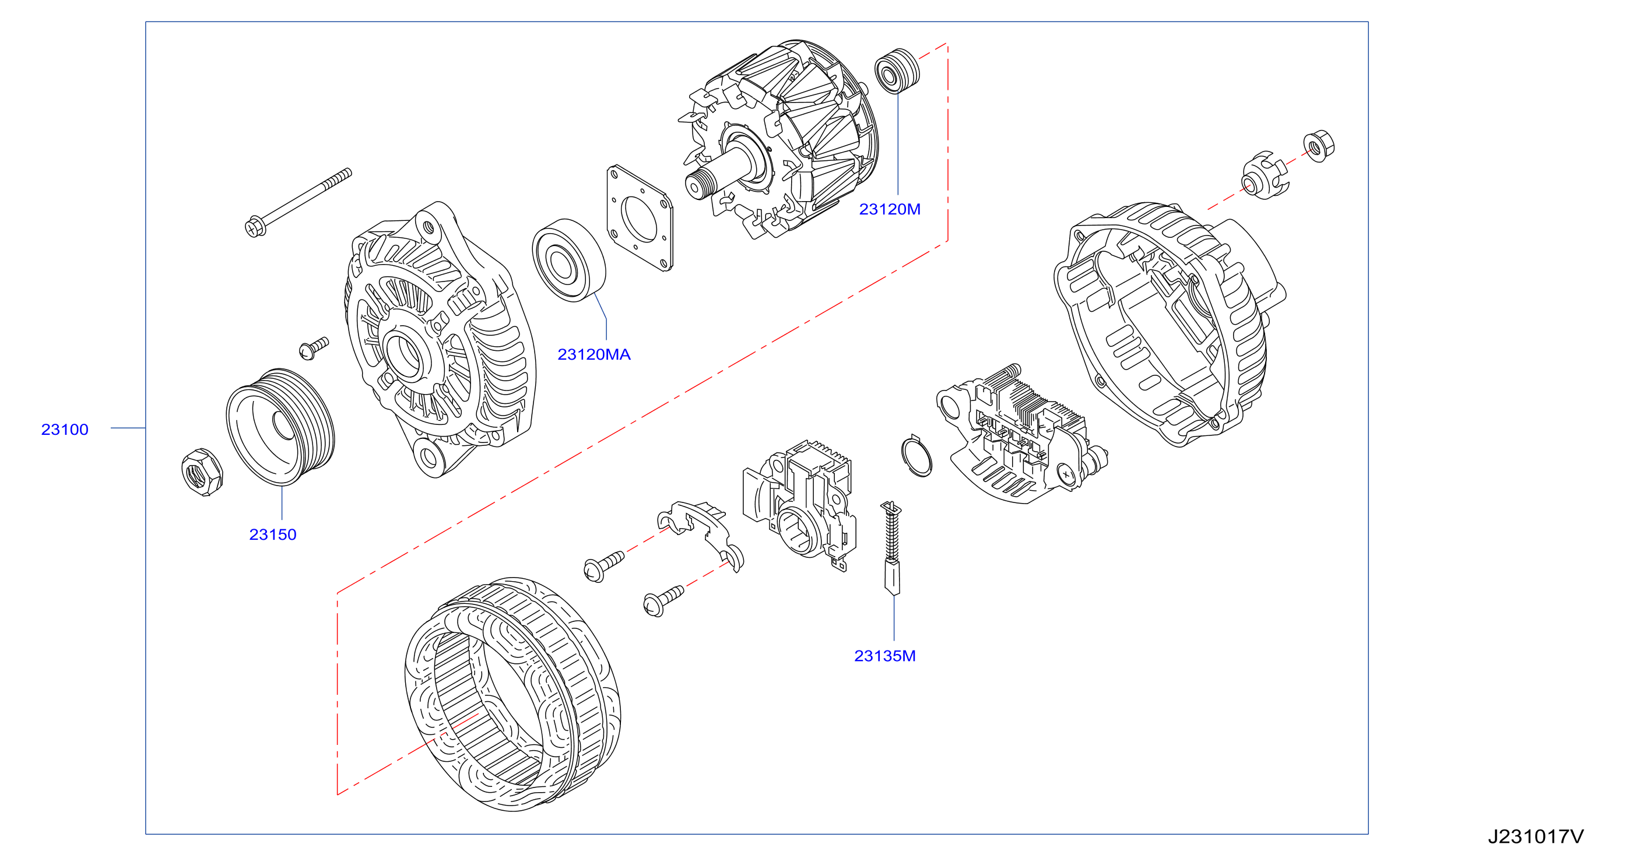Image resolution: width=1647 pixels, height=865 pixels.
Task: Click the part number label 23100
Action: [65, 430]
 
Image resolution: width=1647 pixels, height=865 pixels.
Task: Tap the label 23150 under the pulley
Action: [272, 535]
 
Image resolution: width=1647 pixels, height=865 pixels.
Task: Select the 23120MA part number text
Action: [594, 354]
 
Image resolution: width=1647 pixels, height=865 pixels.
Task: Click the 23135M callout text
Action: [885, 656]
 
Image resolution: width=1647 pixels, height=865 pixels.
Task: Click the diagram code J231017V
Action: [1536, 836]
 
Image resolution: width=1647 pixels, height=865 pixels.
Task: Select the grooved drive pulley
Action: [280, 427]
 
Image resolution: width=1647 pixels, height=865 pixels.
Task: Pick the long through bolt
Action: [299, 202]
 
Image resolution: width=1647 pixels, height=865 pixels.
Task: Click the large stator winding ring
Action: [513, 694]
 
